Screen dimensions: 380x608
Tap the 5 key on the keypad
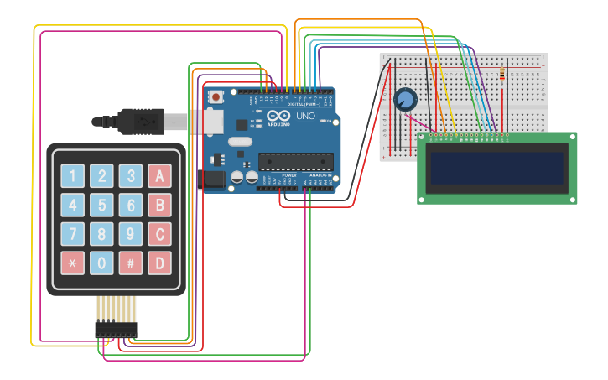[101, 206]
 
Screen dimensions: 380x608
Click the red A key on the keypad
[159, 176]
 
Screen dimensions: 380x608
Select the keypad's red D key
[159, 263]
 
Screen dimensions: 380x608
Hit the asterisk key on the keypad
[72, 263]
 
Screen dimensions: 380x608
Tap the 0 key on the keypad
[101, 263]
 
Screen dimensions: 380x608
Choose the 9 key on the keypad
[131, 234]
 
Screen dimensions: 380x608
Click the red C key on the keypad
[159, 234]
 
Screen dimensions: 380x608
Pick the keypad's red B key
[159, 206]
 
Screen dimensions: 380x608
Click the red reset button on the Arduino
[216, 97]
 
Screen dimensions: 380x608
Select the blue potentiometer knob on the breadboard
[405, 100]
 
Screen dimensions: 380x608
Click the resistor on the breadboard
[501, 75]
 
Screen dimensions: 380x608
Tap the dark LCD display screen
[496, 167]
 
